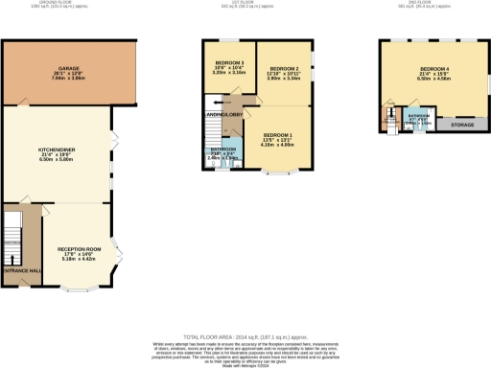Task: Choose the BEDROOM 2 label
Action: pyautogui.click(x=285, y=70)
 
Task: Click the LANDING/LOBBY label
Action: pyautogui.click(x=224, y=115)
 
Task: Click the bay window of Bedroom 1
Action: pyautogui.click(x=279, y=173)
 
